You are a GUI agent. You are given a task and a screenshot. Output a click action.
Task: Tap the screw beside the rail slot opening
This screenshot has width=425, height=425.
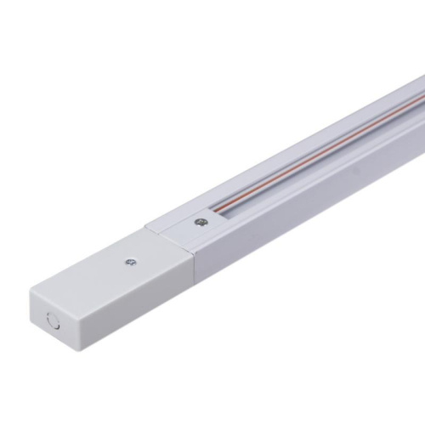click(x=201, y=223)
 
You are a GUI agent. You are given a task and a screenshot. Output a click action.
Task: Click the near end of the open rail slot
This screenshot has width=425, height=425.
click(x=223, y=213)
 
